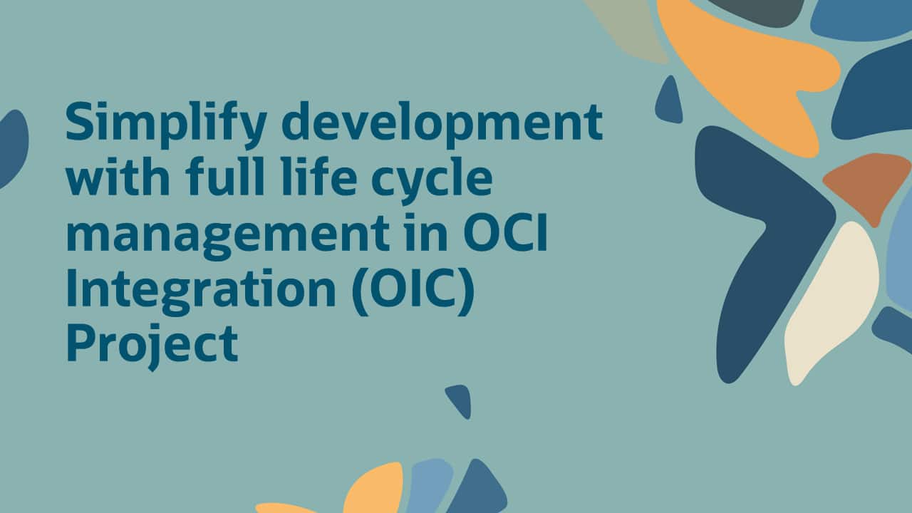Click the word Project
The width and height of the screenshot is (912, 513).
[x=151, y=346]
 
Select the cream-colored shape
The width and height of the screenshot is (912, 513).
[x=834, y=299]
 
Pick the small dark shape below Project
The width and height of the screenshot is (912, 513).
[x=459, y=400]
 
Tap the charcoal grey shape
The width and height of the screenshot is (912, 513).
[x=755, y=10]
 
